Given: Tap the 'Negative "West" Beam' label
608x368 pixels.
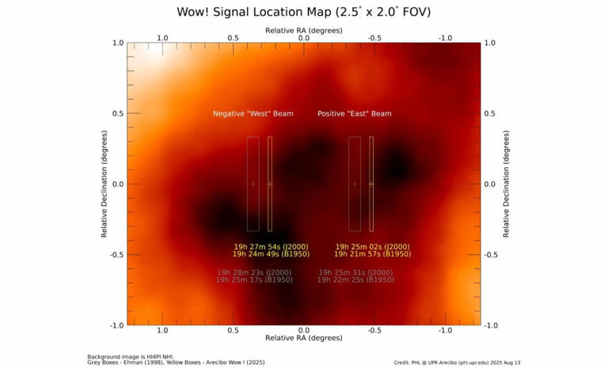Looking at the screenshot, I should pos(253,114).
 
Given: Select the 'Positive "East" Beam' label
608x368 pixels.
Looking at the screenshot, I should pos(354,114).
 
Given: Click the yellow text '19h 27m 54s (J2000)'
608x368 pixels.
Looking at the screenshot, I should pos(271,247).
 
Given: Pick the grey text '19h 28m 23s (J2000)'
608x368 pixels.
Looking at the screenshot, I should pos(254,272).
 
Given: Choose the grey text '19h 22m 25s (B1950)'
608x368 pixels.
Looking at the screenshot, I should pos(355,280).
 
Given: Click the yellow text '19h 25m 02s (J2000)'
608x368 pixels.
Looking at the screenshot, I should pos(372,247).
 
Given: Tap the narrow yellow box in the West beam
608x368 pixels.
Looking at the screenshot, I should pos(270,184).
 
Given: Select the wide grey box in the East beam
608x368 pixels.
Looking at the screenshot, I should pos(355,184).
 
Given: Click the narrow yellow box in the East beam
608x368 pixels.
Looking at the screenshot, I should pos(370,184).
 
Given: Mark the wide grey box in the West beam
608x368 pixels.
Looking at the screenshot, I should pos(253,184).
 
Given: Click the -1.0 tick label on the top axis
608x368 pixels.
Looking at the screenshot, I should pos(445,37).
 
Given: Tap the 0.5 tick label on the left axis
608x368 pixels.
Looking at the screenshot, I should pos(117,113).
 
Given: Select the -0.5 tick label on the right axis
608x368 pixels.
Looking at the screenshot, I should pos(492,255).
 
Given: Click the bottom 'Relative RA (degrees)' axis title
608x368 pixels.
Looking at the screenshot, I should pos(303,339).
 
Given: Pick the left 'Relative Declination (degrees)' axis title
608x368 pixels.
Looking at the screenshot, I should pos(103,184).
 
